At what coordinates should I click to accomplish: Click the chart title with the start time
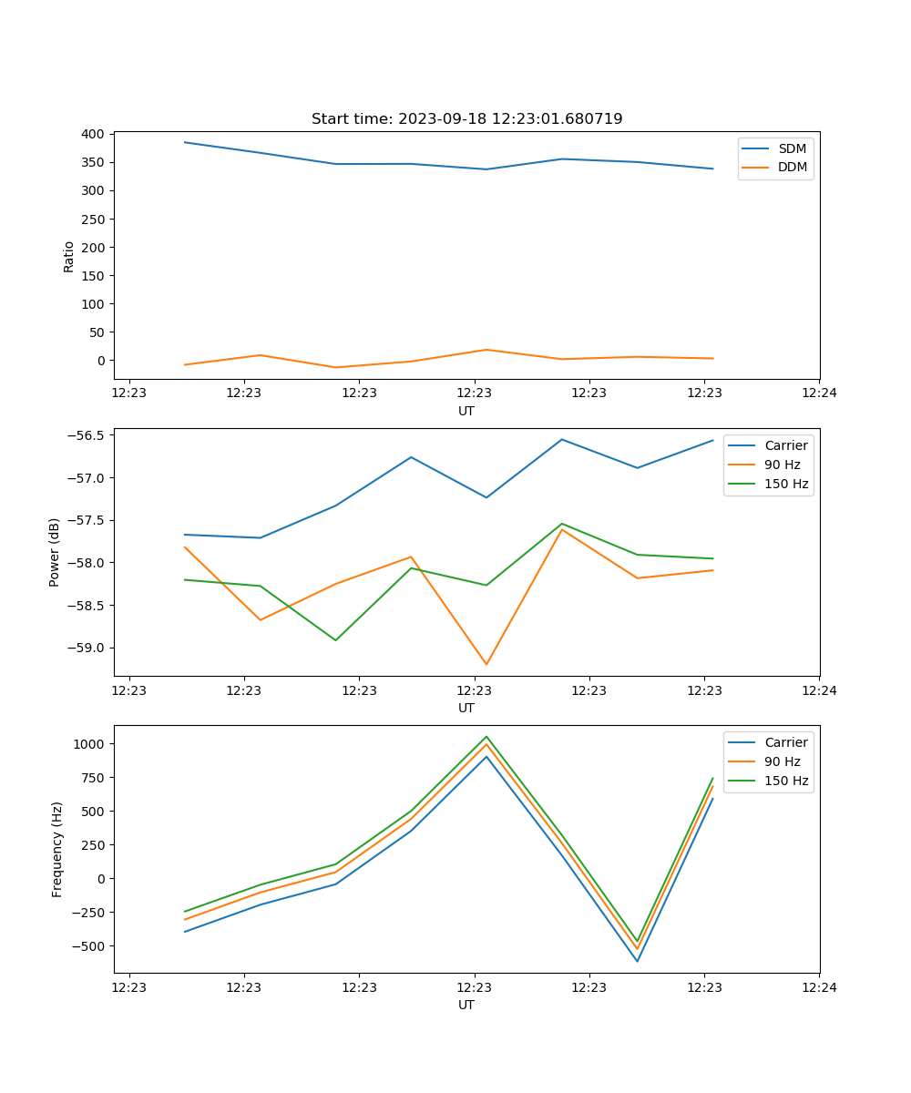tap(466, 119)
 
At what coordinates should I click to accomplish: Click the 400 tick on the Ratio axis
tap(92, 134)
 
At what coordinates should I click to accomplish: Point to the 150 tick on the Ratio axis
tap(92, 275)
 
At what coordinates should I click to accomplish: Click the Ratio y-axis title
tap(69, 256)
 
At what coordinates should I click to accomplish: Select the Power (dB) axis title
tap(55, 552)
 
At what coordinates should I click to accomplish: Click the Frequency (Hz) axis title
tap(56, 849)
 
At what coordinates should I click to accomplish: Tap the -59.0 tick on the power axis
tap(83, 648)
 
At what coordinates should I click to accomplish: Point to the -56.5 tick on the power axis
tap(83, 435)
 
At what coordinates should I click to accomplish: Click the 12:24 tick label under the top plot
tap(819, 393)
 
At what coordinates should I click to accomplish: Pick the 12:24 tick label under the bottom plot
tap(819, 987)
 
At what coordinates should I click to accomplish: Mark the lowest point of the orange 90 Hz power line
tap(486, 664)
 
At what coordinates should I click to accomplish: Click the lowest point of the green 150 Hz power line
tap(335, 640)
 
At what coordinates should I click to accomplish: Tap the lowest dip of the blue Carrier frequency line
tap(637, 961)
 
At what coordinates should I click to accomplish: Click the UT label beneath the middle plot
tap(466, 708)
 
